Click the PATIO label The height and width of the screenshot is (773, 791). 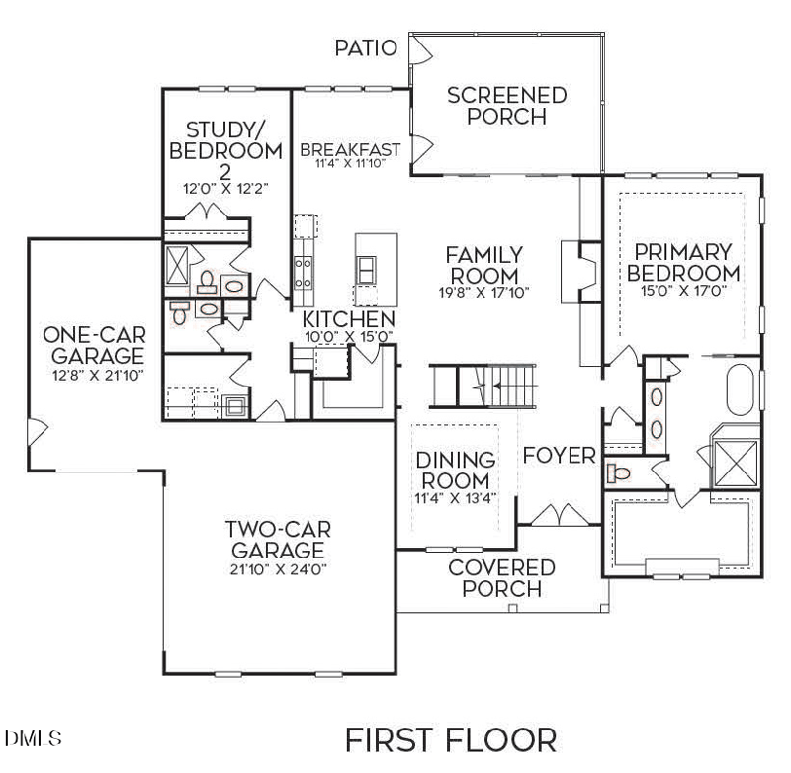point(365,47)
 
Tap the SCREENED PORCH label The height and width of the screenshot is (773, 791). point(506,106)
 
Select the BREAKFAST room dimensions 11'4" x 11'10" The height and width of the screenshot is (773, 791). point(350,164)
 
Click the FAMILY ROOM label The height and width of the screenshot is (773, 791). point(483,264)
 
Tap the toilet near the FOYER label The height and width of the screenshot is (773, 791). point(618,472)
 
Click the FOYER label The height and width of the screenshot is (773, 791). point(559,455)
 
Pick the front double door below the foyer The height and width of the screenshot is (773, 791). point(560,516)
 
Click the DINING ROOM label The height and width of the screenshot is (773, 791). point(455,471)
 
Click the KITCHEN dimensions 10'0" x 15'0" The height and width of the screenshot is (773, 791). point(348,336)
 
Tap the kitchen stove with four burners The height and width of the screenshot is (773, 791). point(304,270)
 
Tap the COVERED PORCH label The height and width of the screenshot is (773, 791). point(501,578)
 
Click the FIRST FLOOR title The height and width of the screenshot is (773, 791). point(450,739)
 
